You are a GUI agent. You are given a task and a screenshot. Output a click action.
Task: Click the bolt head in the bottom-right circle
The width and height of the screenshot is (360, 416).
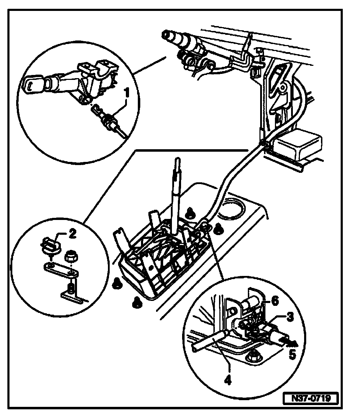252,358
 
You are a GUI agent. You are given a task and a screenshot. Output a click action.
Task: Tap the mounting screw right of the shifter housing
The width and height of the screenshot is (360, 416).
219,228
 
